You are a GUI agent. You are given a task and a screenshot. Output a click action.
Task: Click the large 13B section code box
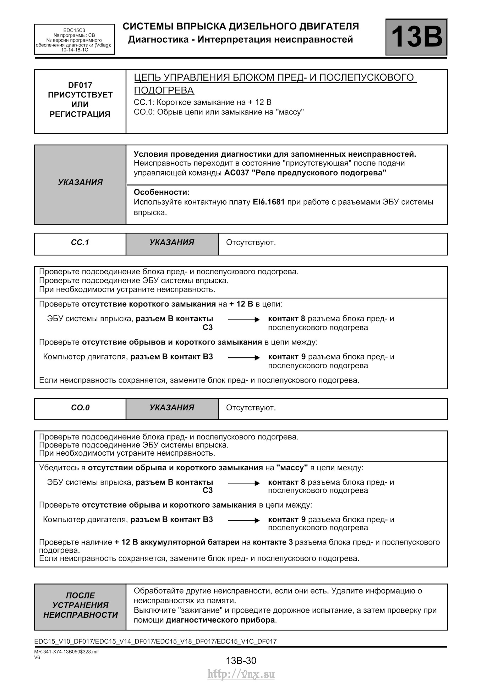pos(416,37)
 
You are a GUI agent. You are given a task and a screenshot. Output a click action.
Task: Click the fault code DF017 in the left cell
pos(80,85)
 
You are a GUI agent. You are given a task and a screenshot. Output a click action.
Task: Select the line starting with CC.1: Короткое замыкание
pos(202,102)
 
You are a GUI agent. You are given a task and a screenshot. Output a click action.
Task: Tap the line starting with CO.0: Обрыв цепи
pos(219,112)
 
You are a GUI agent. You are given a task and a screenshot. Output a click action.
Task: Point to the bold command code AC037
pos(236,173)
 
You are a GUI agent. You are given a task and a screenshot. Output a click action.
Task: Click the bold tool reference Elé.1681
pos(269,202)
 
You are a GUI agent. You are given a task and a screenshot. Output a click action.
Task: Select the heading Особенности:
pos(161,192)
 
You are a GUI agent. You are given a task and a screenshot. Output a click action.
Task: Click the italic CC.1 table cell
pos(80,243)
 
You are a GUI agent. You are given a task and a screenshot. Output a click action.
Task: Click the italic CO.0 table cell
pos(80,408)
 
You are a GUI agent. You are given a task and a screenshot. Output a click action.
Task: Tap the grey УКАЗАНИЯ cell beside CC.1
pos(172,243)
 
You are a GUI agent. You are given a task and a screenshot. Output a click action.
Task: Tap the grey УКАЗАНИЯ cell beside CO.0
pos(172,408)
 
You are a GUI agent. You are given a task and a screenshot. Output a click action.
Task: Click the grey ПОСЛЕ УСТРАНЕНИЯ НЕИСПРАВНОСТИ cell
pos(80,605)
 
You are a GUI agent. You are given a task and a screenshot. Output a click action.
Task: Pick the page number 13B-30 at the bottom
pos(241,661)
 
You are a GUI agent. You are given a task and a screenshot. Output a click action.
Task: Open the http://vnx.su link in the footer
pos(241,674)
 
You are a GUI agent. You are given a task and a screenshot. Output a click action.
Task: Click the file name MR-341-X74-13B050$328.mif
pos(66,652)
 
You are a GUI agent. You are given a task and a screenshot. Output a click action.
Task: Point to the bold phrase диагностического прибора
pos(220,620)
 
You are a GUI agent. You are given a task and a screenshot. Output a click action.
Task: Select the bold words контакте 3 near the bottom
pos(273,542)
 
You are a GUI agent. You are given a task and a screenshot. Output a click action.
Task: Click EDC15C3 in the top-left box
pos(74,31)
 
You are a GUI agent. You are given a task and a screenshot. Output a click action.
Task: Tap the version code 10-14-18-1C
pos(74,50)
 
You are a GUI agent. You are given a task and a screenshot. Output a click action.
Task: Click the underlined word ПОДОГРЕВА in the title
pos(164,91)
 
